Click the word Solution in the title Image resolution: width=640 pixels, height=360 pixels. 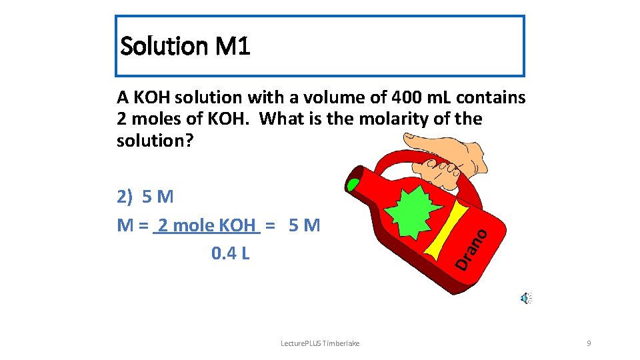[163, 47]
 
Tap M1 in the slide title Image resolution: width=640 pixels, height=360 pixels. [233, 47]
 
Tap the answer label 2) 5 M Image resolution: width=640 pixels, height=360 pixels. [145, 197]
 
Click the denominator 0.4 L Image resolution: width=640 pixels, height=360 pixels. [230, 253]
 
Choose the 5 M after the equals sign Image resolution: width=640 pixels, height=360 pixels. [305, 225]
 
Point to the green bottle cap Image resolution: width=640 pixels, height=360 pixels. [354, 183]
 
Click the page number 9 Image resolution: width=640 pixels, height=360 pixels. [589, 343]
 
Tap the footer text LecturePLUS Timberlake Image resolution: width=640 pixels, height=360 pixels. [320, 343]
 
